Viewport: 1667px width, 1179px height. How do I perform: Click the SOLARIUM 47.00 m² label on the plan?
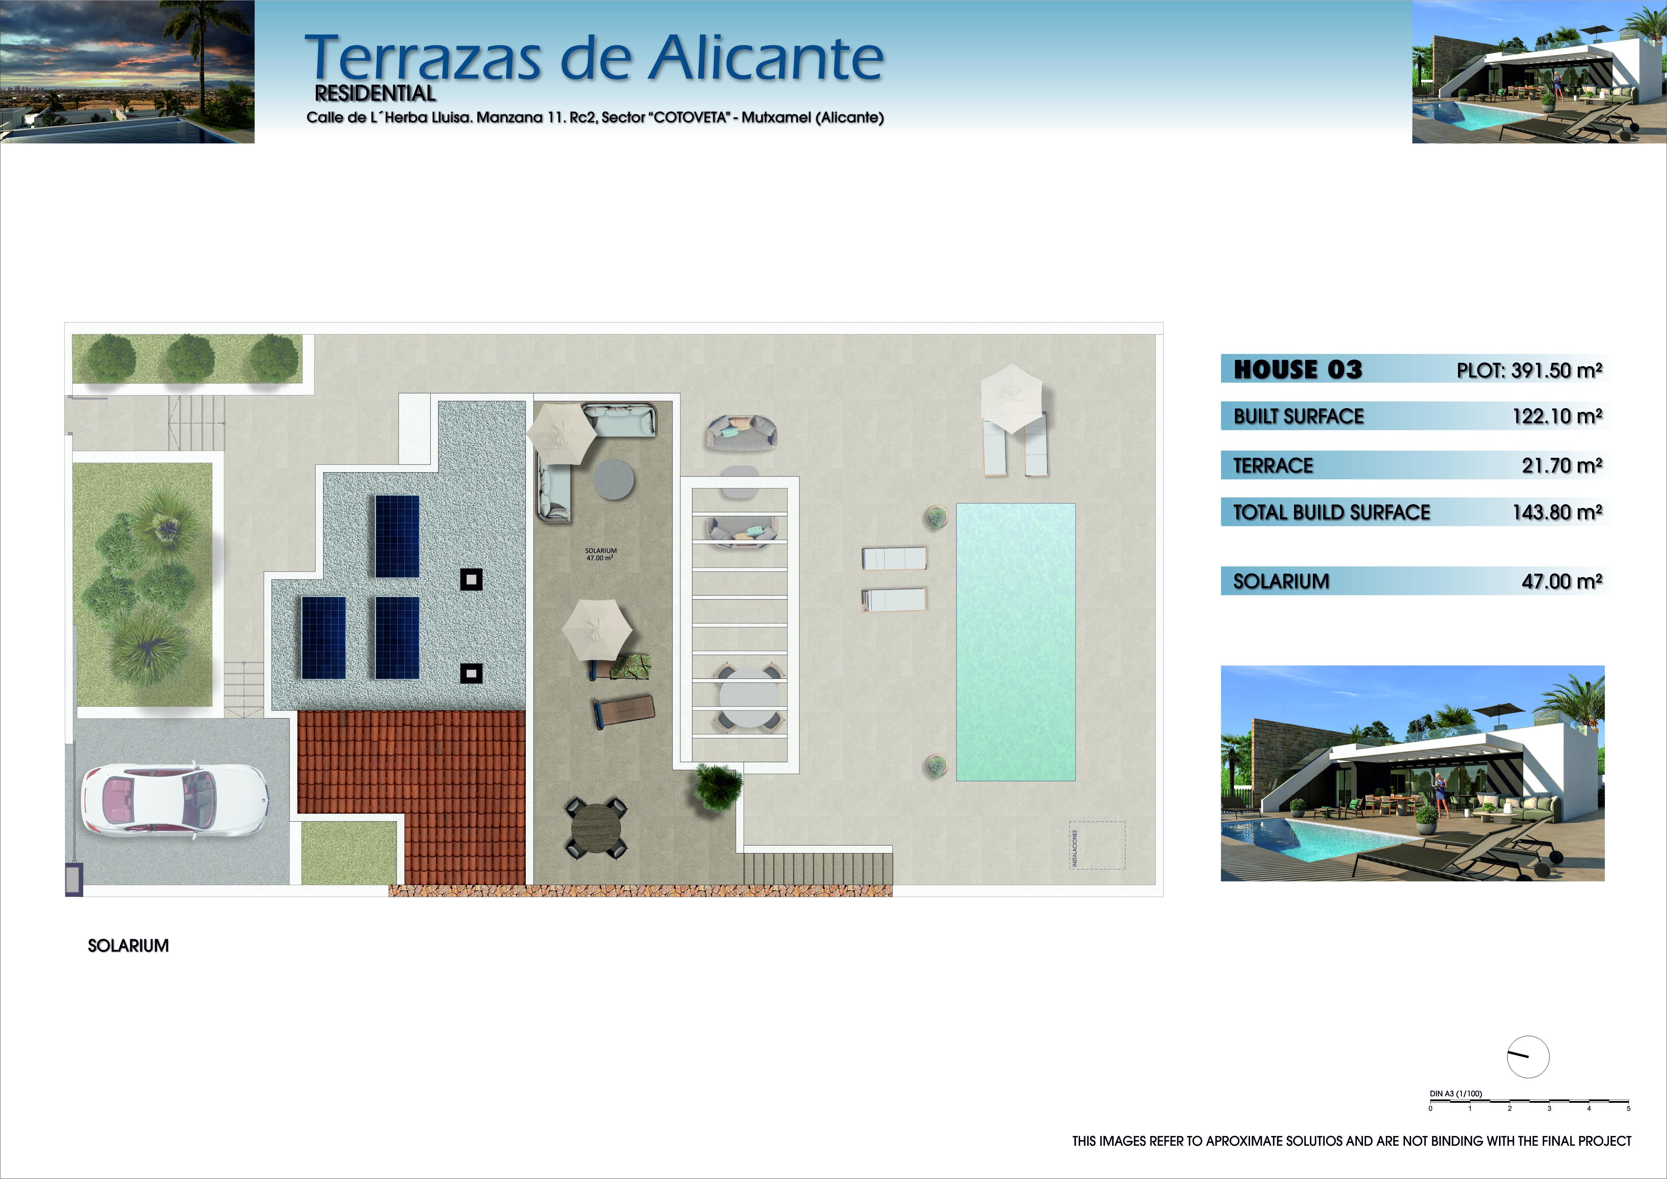601,554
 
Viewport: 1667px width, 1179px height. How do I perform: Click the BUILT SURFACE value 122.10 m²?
1557,416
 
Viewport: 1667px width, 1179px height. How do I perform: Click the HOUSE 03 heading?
1298,369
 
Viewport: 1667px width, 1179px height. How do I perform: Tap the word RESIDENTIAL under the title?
375,94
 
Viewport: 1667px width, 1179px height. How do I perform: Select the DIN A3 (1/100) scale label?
1456,1093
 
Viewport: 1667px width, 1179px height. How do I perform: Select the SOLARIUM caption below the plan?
129,946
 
